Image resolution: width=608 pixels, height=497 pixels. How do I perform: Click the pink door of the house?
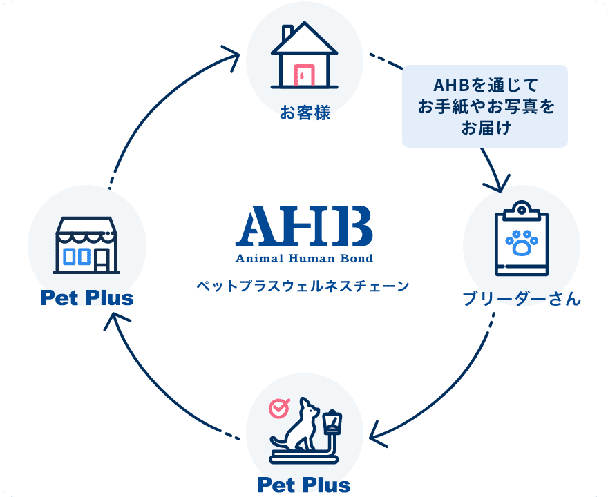[x=305, y=75]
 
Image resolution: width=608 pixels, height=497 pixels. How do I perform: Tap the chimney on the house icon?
[x=287, y=33]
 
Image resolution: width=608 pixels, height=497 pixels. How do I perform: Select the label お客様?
[x=305, y=113]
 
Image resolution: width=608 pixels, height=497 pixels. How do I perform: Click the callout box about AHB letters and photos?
[x=485, y=106]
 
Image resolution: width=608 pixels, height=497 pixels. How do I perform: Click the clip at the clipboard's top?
[x=522, y=211]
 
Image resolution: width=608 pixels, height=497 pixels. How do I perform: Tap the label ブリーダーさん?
[x=522, y=299]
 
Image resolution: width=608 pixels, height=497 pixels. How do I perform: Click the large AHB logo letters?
[x=305, y=226]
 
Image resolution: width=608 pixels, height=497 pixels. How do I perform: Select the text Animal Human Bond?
[x=305, y=258]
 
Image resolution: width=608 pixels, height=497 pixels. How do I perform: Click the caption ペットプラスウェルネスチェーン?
[x=303, y=286]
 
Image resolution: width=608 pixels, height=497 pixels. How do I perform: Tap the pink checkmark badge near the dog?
[x=279, y=408]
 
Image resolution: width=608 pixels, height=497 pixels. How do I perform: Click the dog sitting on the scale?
[x=296, y=425]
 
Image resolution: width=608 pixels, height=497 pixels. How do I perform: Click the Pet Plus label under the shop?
[x=87, y=298]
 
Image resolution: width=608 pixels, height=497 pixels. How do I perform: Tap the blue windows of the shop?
[x=77, y=257]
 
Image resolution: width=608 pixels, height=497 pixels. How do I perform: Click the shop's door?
[x=102, y=260]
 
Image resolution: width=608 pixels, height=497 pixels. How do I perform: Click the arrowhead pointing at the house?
[x=232, y=57]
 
